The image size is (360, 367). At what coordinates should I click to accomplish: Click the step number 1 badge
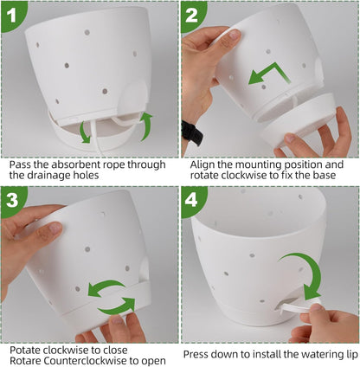(11, 15)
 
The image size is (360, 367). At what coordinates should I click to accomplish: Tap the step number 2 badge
(192, 15)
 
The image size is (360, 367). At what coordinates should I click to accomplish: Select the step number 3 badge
(12, 199)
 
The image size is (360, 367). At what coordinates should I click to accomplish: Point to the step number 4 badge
(192, 199)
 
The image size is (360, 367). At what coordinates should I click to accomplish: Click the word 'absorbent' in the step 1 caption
(68, 164)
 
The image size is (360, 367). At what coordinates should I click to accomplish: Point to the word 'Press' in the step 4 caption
(195, 354)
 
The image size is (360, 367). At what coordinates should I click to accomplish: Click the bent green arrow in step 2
(270, 72)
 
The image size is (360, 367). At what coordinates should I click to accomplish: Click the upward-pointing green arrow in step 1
(146, 126)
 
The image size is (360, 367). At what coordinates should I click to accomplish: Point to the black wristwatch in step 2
(192, 133)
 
